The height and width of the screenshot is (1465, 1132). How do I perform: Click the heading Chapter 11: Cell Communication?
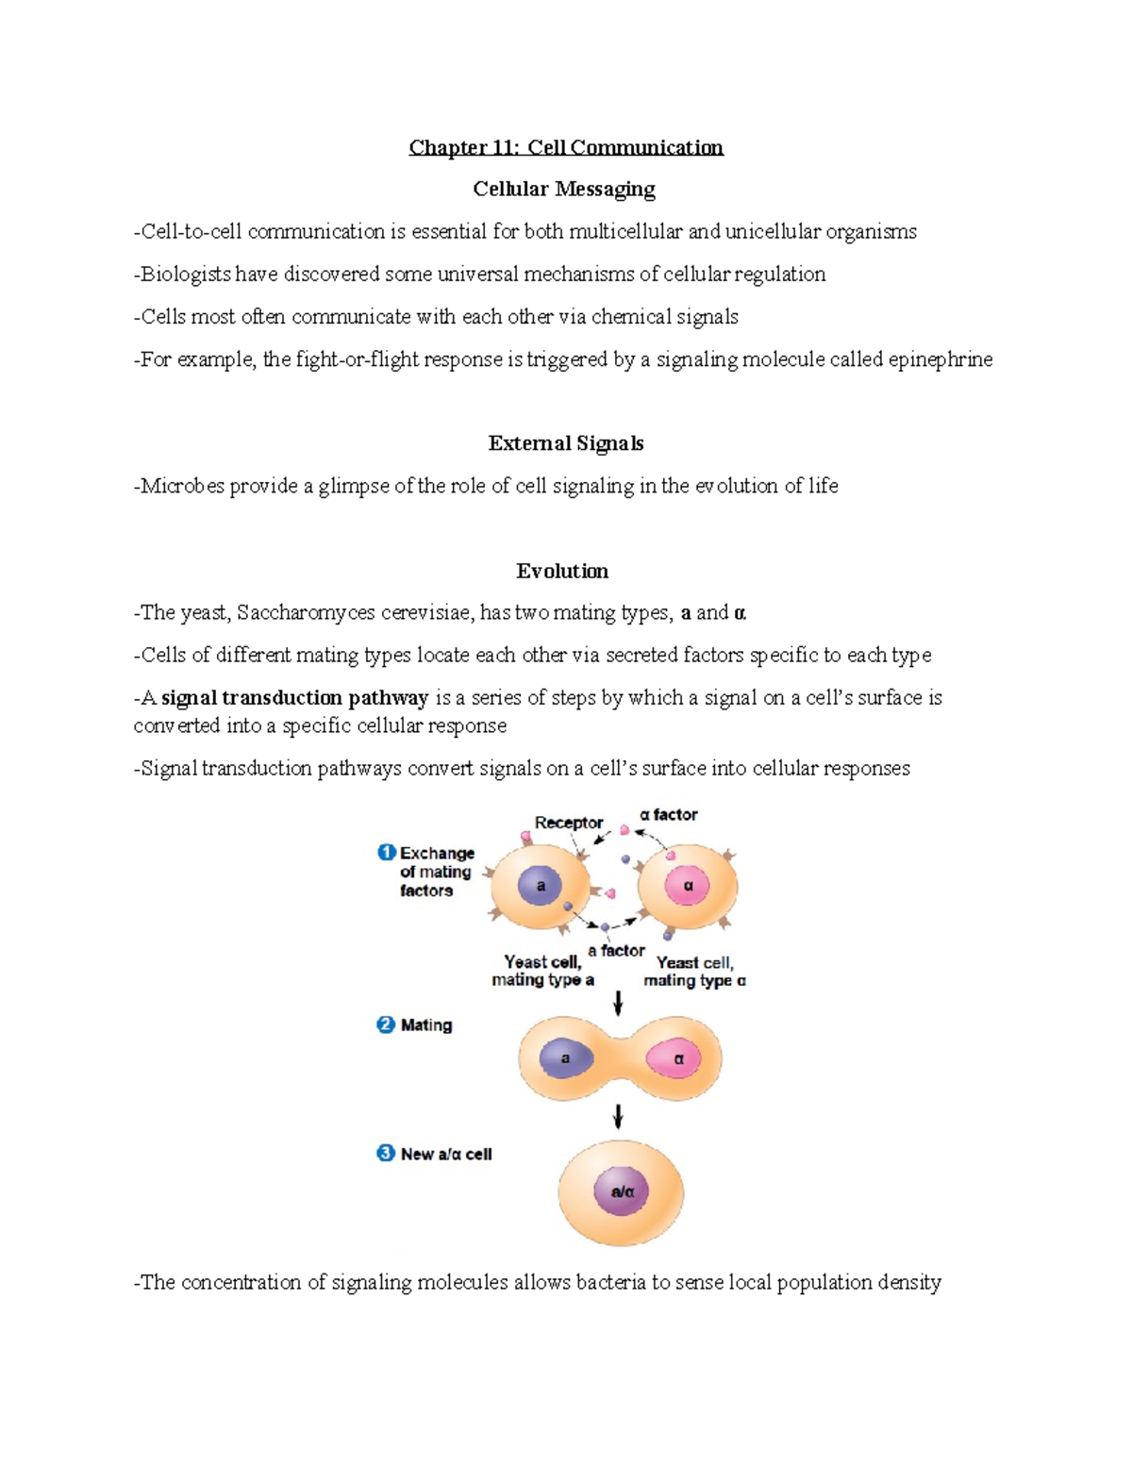coord(565,147)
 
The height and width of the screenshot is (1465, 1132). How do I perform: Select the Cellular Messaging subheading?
coord(564,189)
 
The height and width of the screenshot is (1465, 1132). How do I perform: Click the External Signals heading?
coord(565,443)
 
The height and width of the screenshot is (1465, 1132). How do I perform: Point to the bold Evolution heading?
coord(562,571)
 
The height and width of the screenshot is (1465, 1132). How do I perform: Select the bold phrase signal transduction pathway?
coord(294,698)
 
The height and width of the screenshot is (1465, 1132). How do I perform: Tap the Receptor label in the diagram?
coord(568,823)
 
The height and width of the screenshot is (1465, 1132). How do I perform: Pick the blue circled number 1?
coord(386,852)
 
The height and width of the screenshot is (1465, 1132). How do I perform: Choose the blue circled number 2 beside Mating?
coord(386,1024)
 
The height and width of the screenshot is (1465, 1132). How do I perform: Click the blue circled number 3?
coord(386,1153)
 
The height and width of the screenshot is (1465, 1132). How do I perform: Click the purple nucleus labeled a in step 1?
coord(541,886)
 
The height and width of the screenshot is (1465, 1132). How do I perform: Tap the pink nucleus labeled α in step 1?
coord(689,886)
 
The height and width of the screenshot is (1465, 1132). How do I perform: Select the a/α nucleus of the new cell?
coord(622,1191)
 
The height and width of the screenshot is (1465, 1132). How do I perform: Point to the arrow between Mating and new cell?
coord(618,1116)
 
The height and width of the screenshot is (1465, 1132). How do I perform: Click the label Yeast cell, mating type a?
coord(542,971)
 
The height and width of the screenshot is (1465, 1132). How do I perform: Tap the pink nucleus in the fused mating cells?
coord(676,1058)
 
